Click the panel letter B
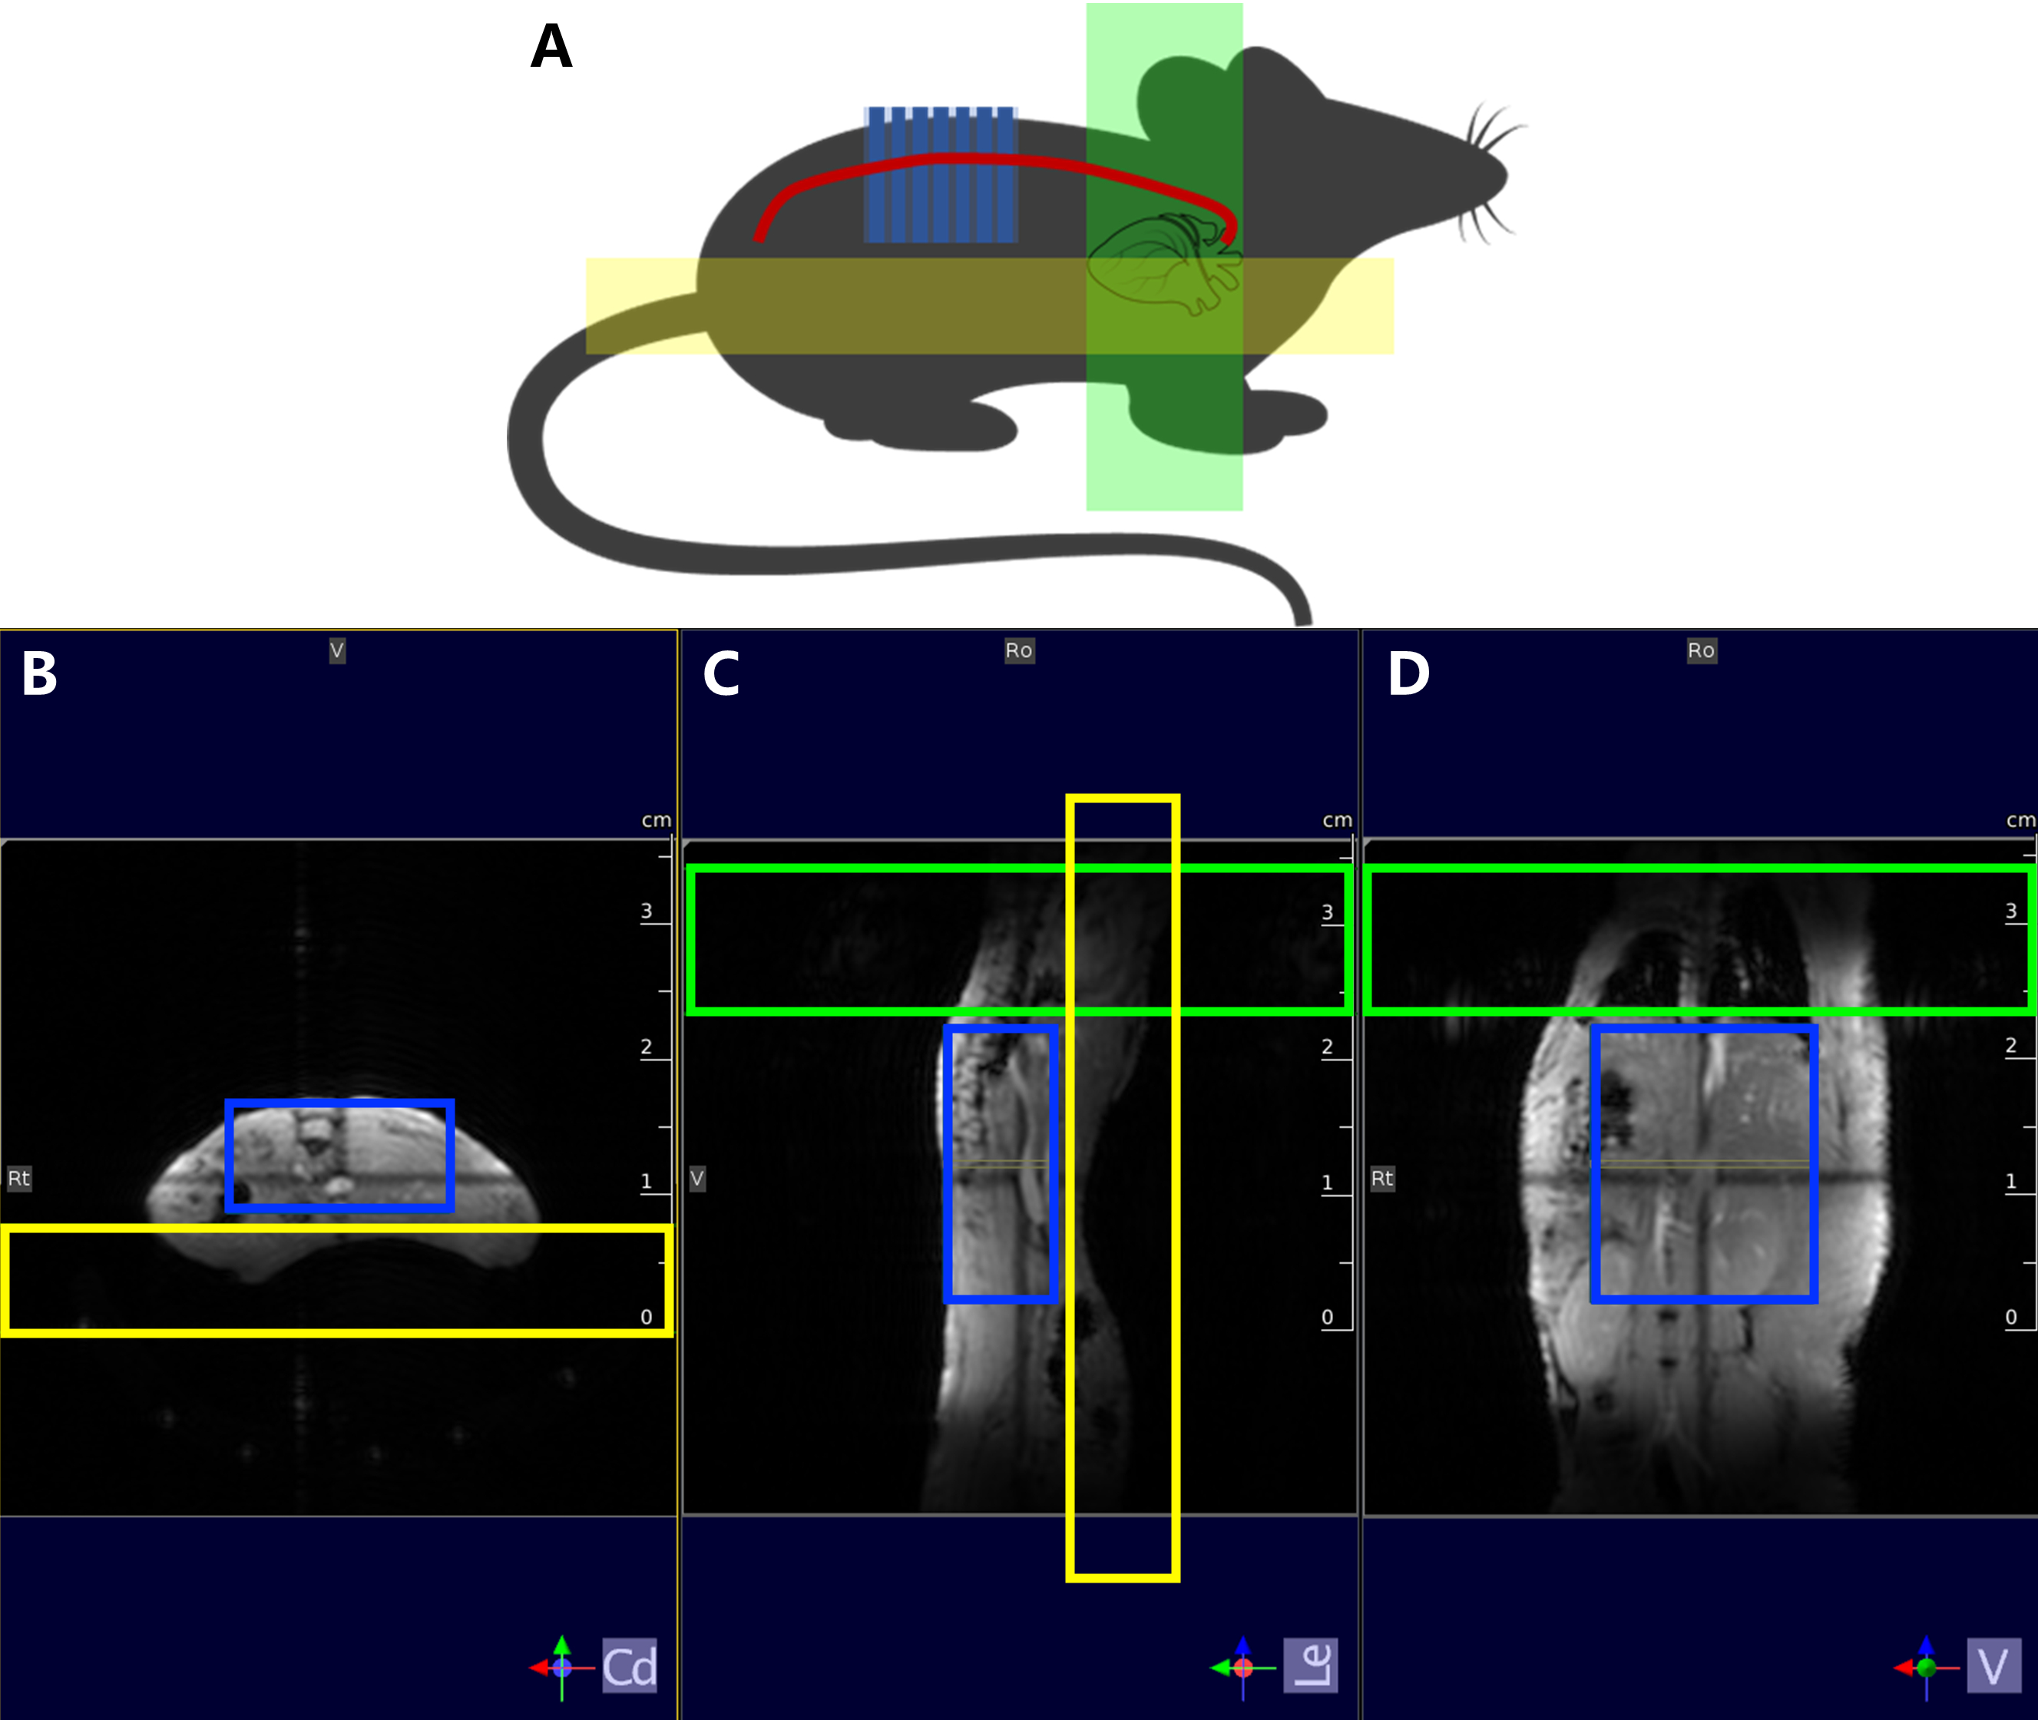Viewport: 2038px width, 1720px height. click(x=39, y=673)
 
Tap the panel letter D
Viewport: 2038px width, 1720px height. click(x=1408, y=673)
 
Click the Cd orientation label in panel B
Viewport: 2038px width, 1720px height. click(x=629, y=1665)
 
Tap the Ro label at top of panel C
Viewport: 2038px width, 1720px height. click(x=1019, y=650)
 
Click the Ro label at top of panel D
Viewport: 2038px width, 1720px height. click(x=1702, y=650)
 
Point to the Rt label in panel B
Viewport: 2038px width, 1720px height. click(x=18, y=1178)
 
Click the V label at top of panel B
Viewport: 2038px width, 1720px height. click(x=336, y=650)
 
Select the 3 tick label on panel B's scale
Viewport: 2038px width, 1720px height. click(x=647, y=911)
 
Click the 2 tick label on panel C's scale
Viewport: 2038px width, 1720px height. click(x=1327, y=1047)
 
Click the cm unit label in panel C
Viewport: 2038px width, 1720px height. click(x=1337, y=820)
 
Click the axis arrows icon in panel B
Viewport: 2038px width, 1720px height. click(x=561, y=1667)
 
